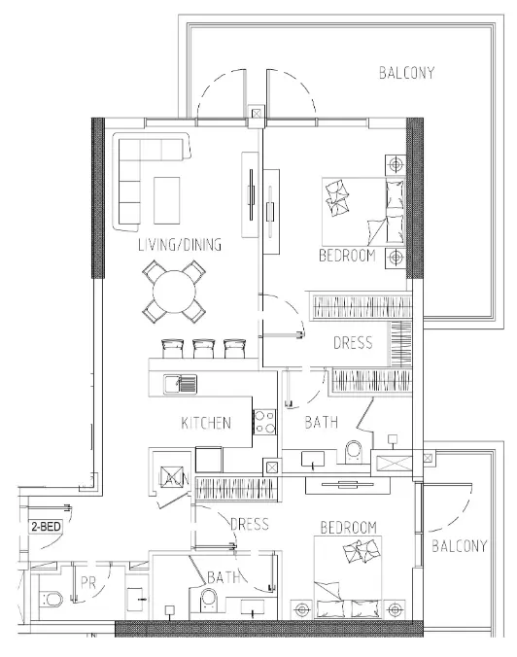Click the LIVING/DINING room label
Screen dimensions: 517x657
(x=180, y=245)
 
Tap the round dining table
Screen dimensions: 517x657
(x=174, y=292)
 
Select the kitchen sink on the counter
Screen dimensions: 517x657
(x=180, y=383)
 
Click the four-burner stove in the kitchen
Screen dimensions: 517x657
(x=264, y=422)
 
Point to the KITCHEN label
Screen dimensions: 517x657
(x=206, y=423)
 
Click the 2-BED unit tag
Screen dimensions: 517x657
(x=46, y=526)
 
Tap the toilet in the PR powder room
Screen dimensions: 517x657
(x=52, y=600)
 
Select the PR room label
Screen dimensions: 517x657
(x=88, y=583)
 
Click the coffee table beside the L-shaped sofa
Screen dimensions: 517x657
(x=167, y=200)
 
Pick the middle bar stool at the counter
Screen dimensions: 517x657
(x=204, y=349)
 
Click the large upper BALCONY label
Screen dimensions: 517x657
(x=406, y=73)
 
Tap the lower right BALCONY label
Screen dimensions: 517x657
(x=460, y=546)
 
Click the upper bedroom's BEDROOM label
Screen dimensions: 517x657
(x=347, y=256)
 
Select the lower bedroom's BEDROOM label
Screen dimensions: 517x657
(x=349, y=527)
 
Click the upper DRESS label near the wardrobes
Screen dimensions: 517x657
(x=353, y=343)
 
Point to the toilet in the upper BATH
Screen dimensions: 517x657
(x=355, y=452)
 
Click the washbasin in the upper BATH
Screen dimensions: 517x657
(x=313, y=460)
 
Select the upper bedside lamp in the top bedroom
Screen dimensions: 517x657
(x=396, y=164)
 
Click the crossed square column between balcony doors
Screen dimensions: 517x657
(x=257, y=113)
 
